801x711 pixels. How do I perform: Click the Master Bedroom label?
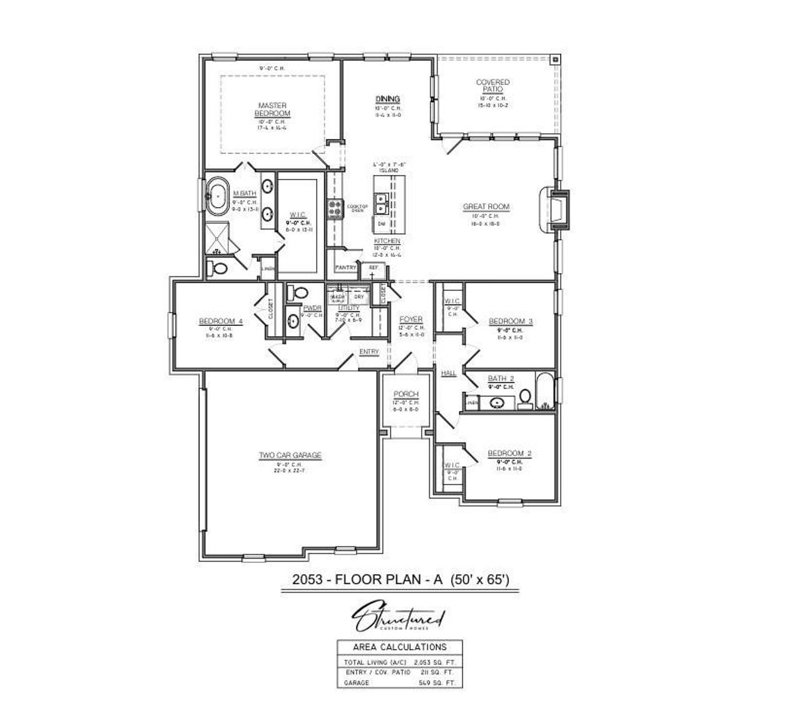[x=272, y=109]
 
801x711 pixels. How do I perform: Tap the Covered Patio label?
[x=492, y=86]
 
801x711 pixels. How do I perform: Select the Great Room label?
[x=486, y=207]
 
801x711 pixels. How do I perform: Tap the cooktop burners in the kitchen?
[x=334, y=208]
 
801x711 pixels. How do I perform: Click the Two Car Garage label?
[x=290, y=455]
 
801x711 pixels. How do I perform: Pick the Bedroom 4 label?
[x=221, y=321]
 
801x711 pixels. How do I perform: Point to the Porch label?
[x=406, y=395]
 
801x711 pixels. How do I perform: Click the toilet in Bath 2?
[x=525, y=397]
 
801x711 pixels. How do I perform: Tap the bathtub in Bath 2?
[x=546, y=392]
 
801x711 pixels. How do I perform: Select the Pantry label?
[x=345, y=268]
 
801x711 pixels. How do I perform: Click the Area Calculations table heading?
[x=400, y=647]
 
